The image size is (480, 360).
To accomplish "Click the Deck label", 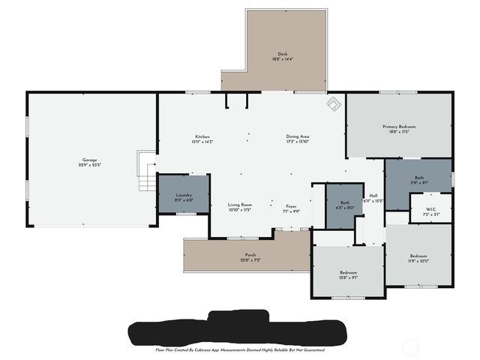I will (282, 54).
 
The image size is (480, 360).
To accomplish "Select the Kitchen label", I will (202, 136).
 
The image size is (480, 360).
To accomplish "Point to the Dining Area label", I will (298, 136).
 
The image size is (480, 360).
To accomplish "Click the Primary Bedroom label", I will (399, 127).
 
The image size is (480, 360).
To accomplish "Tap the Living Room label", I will (240, 204).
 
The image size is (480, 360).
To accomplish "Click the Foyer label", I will (291, 205).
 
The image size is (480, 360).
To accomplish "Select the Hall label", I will (373, 196).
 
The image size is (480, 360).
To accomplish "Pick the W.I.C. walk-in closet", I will (430, 209).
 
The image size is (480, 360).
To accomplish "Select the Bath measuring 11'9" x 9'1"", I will (418, 178).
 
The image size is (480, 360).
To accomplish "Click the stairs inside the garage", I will (147, 171).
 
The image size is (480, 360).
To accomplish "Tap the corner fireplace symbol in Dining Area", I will (331, 104).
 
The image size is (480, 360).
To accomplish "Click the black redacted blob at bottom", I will (238, 331).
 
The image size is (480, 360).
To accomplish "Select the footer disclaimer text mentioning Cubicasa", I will (239, 349).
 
